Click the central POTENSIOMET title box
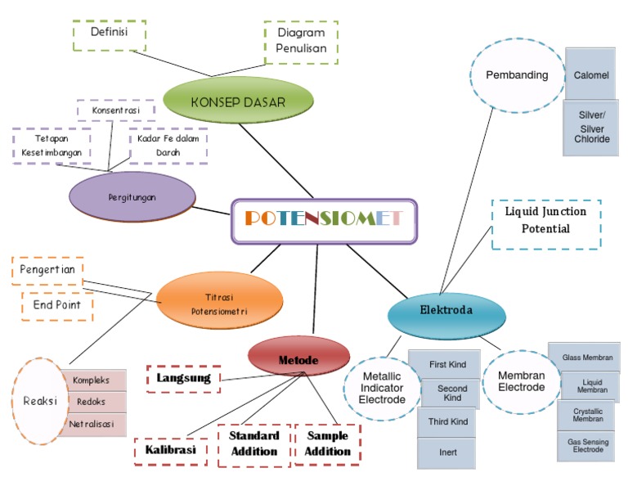[x=324, y=220]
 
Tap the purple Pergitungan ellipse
[x=132, y=197]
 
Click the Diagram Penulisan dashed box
[x=302, y=41]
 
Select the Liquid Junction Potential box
[x=545, y=220]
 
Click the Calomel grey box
[x=591, y=75]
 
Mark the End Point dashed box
[x=57, y=306]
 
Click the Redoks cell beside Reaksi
[x=92, y=403]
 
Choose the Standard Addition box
[x=254, y=443]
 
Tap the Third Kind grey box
[x=447, y=422]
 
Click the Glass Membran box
[x=586, y=358]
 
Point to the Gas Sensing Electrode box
[x=586, y=445]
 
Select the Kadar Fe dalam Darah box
[x=168, y=146]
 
